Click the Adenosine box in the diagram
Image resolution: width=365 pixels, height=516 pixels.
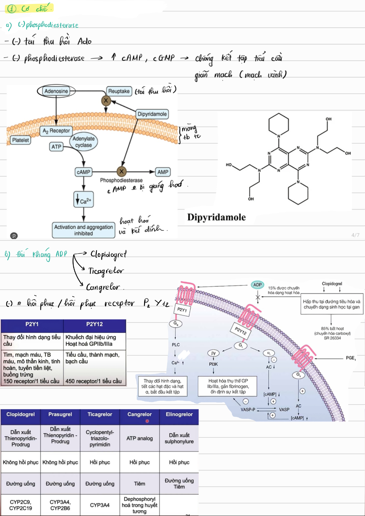(x=56, y=91)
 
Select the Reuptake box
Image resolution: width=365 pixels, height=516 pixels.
(x=119, y=91)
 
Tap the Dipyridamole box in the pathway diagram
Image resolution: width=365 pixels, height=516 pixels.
(x=152, y=114)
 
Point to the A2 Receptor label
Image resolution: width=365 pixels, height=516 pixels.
(x=56, y=131)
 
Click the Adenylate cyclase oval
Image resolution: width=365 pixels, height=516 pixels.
(x=83, y=142)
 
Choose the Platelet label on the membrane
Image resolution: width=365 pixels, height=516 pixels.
(x=20, y=140)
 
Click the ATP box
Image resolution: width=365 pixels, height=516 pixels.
(x=56, y=147)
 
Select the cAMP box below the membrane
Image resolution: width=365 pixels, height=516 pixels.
(x=83, y=172)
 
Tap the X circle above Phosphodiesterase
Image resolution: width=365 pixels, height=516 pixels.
(x=122, y=171)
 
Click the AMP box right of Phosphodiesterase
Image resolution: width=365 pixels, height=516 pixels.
(x=163, y=172)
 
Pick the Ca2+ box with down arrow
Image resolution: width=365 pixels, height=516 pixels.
(x=84, y=200)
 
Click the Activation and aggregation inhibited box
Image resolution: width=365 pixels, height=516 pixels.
(x=84, y=230)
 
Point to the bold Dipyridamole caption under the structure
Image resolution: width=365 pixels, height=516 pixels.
(x=216, y=217)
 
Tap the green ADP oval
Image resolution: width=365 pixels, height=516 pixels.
(x=257, y=285)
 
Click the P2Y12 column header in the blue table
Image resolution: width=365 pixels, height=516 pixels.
(x=95, y=324)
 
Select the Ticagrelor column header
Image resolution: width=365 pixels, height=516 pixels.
(x=100, y=414)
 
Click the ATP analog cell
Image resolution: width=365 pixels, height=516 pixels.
(x=139, y=438)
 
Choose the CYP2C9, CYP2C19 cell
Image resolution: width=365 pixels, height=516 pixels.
(x=20, y=505)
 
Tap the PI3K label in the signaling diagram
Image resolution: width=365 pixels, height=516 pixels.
(x=213, y=364)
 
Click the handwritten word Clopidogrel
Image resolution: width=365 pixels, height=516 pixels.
(x=108, y=255)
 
